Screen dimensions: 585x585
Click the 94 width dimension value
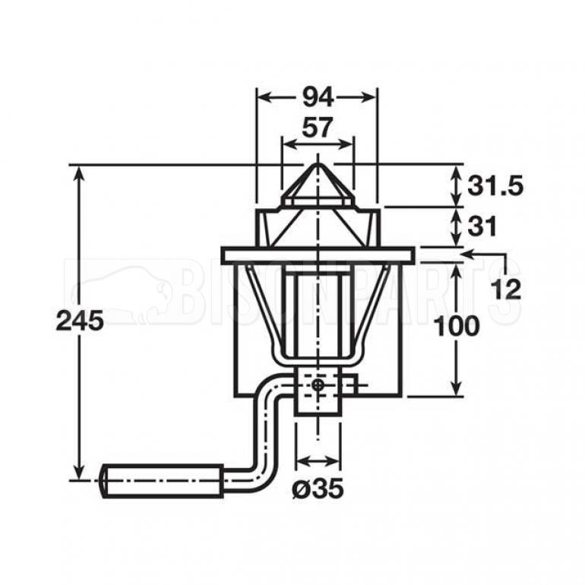(318, 98)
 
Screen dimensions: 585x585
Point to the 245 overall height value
(80, 321)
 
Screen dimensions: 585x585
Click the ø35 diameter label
(318, 488)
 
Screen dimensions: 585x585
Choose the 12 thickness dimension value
(506, 289)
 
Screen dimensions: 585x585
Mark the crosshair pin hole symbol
(318, 384)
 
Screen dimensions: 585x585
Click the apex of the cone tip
(318, 163)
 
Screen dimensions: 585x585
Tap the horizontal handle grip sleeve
(163, 480)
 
